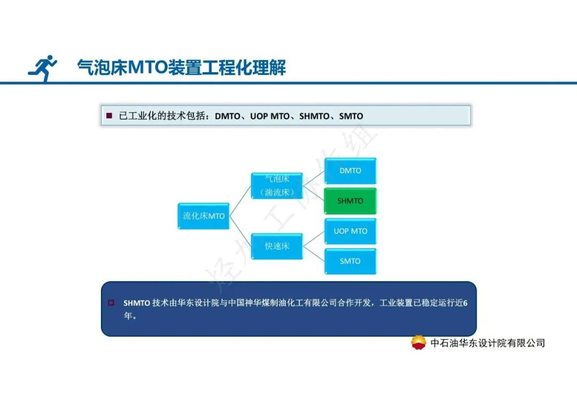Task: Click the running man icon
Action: pos(43,68)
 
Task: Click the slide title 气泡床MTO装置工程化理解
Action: pos(182,68)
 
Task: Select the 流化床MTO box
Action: pos(204,216)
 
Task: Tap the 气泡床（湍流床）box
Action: pos(277,186)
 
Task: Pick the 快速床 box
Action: pos(277,247)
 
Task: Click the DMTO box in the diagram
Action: pos(350,171)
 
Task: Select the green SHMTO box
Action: pos(350,201)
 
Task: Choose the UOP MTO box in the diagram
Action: pos(350,231)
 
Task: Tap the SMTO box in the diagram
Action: pos(350,261)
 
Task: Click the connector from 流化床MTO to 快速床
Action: pos(240,232)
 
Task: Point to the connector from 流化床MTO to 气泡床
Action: pos(240,201)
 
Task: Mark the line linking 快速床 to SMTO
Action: pos(314,254)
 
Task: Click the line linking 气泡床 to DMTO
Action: pos(314,178)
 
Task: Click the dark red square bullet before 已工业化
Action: pos(109,116)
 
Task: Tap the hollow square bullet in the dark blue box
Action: pos(111,303)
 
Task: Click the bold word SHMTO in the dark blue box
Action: pos(137,303)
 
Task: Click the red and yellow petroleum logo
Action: pos(418,343)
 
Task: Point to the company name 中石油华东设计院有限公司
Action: pos(487,343)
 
